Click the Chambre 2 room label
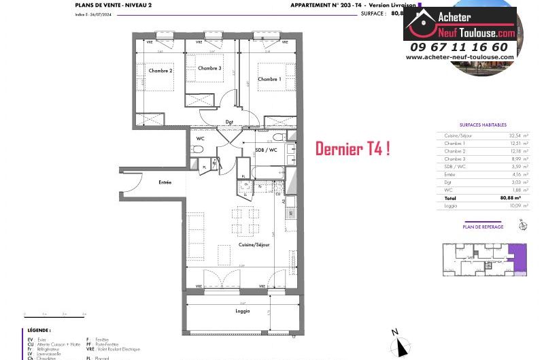coord(161,71)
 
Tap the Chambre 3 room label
coord(209,68)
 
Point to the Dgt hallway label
coord(230,122)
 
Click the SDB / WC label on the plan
coord(266,150)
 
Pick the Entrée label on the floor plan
coord(165,182)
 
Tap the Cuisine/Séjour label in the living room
coord(254,244)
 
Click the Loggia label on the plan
coord(242,311)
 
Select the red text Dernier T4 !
coord(352,149)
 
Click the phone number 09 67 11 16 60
coord(460,47)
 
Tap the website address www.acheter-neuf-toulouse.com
coord(460,57)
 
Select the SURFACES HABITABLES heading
coord(483,125)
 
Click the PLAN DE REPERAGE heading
coord(483,227)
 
